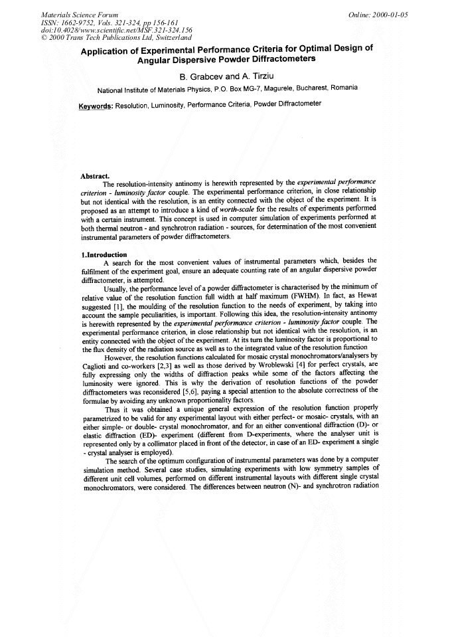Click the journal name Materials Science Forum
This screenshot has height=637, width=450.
click(80, 14)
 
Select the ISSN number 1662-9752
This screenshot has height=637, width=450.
click(80, 22)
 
